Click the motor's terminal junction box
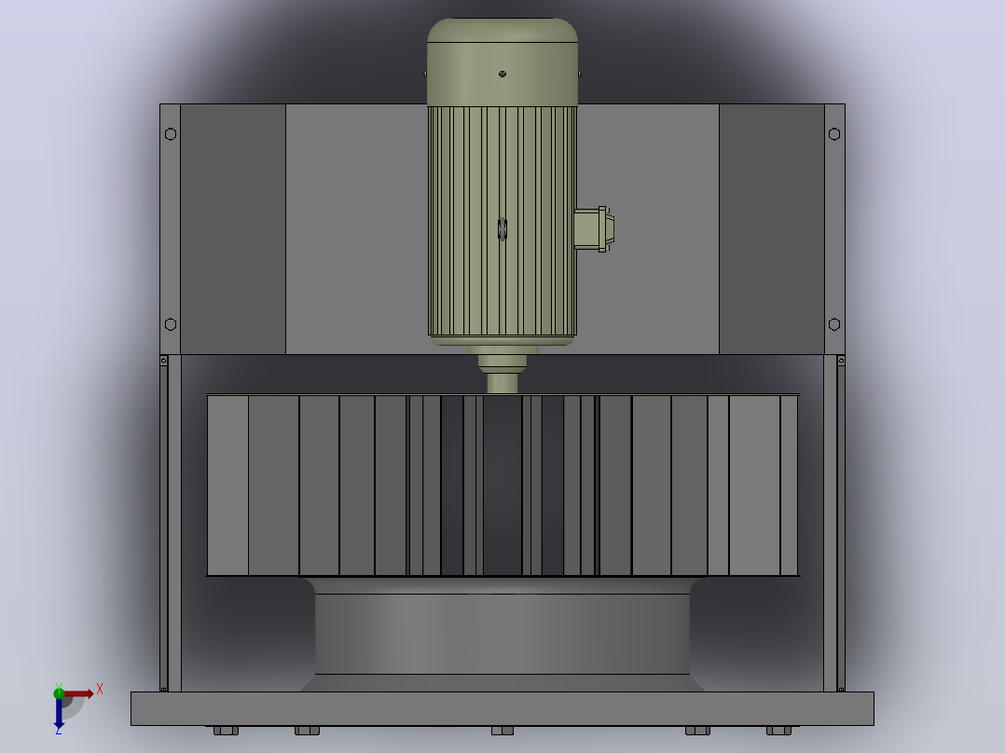[x=594, y=228]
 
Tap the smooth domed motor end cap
[x=502, y=62]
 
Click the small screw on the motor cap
[x=502, y=74]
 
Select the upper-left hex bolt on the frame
[x=171, y=134]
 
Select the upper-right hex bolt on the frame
[x=833, y=134]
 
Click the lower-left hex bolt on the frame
[x=171, y=324]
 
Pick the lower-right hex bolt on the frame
[x=833, y=324]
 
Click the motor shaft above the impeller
[x=502, y=383]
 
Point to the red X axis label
[x=100, y=690]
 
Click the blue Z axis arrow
[x=59, y=713]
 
